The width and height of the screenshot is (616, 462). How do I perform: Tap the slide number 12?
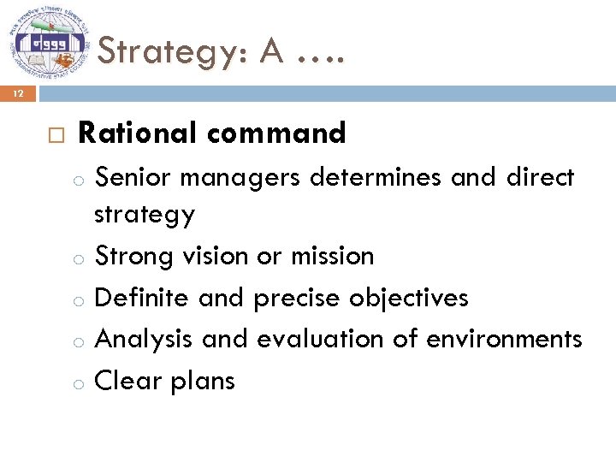coord(18,93)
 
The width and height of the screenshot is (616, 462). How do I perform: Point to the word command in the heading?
coord(276,133)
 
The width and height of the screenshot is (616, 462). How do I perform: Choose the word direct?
coord(540,177)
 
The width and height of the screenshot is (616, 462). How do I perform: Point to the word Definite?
coord(142,297)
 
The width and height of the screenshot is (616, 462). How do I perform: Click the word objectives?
coord(409,299)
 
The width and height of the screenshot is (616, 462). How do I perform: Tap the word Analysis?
coord(144,340)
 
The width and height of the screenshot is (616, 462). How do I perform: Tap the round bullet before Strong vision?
coord(78,258)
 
